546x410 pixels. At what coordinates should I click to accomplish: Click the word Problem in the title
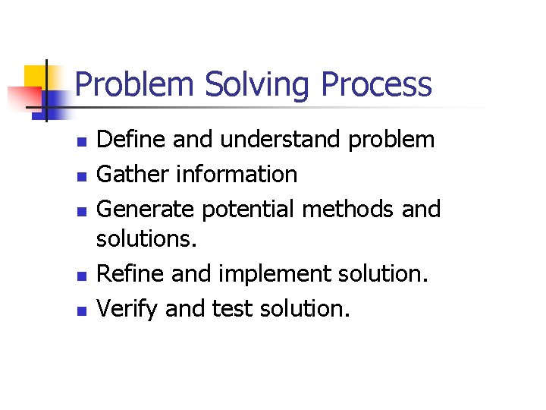133,84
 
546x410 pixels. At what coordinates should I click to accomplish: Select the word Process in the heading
377,84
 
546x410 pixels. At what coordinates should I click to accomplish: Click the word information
237,174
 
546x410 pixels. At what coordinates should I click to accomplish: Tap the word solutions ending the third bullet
146,241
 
